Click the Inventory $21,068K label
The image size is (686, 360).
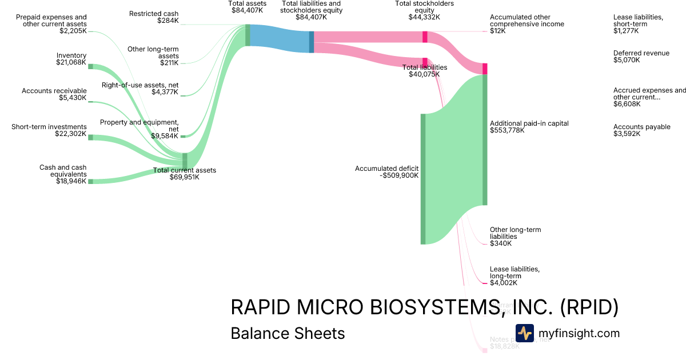click(x=71, y=59)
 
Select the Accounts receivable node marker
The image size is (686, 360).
click(x=90, y=102)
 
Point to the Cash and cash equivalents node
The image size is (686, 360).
click(x=90, y=181)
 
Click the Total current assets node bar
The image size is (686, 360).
click(x=185, y=161)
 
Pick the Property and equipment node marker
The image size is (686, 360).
click(x=183, y=136)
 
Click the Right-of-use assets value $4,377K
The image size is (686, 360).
click(x=165, y=92)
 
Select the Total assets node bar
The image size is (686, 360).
click(x=248, y=35)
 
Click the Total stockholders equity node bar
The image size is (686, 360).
click(x=425, y=37)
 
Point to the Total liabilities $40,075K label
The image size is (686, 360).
click(x=424, y=70)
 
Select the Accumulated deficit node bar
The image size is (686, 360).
click(x=423, y=179)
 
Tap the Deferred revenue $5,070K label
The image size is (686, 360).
click(x=641, y=56)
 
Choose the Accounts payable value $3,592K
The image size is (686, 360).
click(x=627, y=134)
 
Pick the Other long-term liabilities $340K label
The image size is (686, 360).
click(x=515, y=236)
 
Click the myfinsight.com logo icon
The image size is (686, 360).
click(x=524, y=333)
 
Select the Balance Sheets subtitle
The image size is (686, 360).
click(x=288, y=333)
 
